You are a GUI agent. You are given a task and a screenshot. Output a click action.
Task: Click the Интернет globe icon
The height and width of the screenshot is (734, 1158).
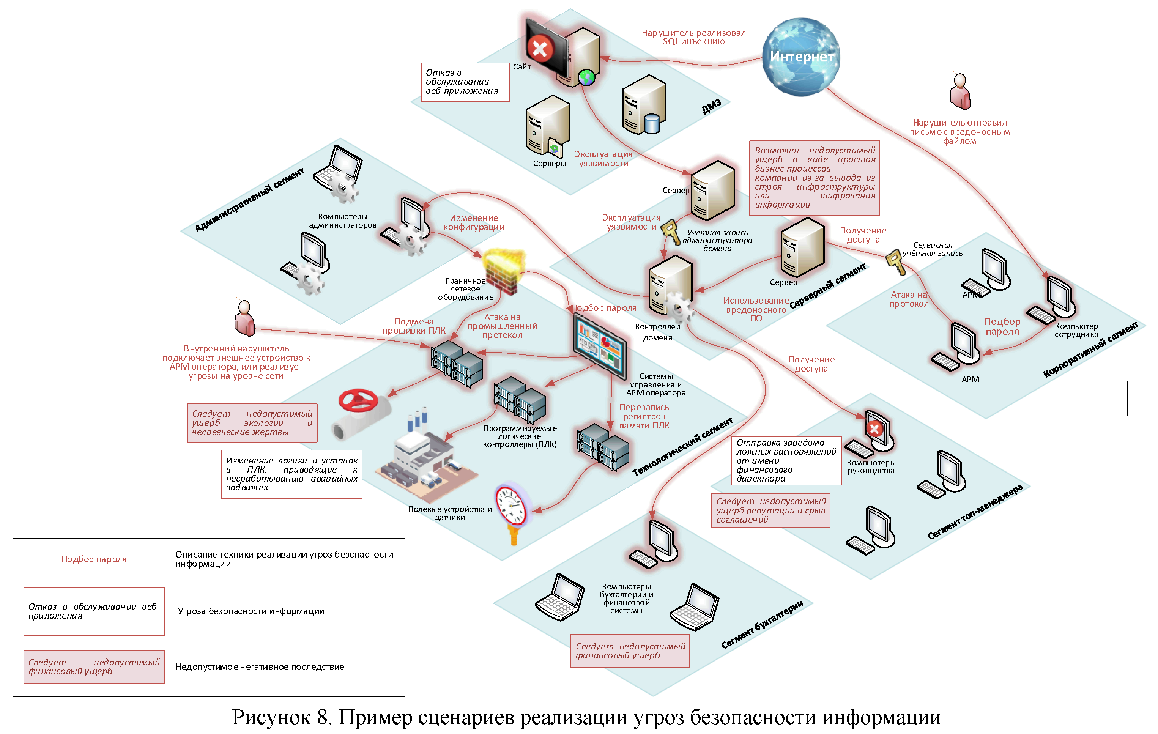(x=801, y=57)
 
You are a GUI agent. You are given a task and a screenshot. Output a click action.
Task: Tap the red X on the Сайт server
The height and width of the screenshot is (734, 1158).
(x=540, y=48)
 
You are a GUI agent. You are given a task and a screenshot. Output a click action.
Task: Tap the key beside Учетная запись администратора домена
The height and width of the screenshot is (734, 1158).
(x=670, y=232)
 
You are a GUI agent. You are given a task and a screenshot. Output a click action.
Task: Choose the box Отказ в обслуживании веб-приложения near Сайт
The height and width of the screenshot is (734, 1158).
(x=465, y=82)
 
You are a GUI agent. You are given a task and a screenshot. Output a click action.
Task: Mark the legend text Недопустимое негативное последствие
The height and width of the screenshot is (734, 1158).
(x=259, y=667)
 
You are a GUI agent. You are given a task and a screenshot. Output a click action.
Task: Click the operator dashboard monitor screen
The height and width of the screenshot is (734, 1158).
(x=600, y=346)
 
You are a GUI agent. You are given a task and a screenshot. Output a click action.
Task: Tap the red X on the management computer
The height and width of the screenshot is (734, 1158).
(x=874, y=428)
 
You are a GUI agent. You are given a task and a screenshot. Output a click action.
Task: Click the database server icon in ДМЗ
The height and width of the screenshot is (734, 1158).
(x=644, y=106)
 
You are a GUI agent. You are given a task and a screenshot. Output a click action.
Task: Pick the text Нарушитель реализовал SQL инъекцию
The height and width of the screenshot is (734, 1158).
(x=693, y=37)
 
